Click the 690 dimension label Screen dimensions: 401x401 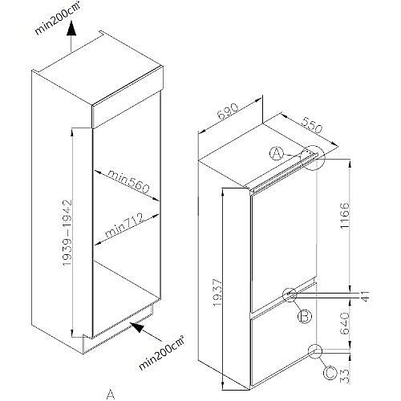pos(228,111)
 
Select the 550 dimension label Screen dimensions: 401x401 pos(311,125)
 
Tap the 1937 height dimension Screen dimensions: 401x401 pos(217,293)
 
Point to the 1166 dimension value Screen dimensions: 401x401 pos(345,215)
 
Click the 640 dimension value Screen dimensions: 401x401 pos(345,323)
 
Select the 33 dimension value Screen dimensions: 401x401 pos(345,376)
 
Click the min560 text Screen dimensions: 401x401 pos(128,181)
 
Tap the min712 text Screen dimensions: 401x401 pos(124,225)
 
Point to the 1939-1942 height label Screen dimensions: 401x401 pos(67,232)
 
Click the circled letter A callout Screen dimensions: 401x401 pos(277,154)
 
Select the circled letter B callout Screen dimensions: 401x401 pos(305,317)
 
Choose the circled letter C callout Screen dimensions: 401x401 pos(330,373)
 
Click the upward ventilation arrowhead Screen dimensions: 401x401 pos(71,29)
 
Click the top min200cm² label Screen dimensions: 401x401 pos(57,18)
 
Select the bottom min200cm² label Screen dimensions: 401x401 pos(162,353)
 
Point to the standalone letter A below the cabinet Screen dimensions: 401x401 pos(111,394)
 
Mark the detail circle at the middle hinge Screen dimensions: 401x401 pos(290,295)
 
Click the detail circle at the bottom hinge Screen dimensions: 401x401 pos(315,351)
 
